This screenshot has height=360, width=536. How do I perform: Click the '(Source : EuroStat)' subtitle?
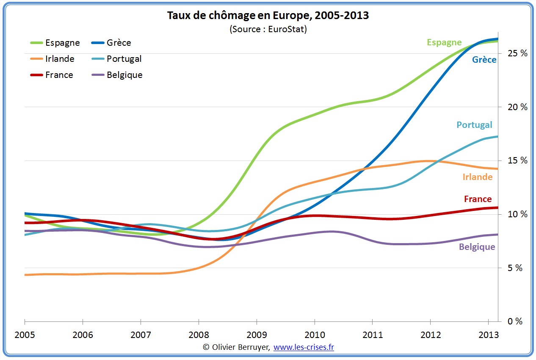tap(268, 29)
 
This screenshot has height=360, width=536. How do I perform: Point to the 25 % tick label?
tap(518, 53)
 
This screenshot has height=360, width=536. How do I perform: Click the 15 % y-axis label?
tap(518, 161)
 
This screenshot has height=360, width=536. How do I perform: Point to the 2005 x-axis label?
tap(25, 335)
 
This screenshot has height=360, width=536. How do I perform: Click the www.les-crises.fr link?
tap(304, 347)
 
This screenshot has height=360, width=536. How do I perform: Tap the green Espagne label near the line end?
tap(444, 42)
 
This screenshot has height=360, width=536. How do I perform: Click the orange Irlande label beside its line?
tap(477, 177)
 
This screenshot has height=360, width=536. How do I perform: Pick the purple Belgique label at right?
tap(477, 247)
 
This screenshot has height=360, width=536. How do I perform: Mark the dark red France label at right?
tap(478, 199)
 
